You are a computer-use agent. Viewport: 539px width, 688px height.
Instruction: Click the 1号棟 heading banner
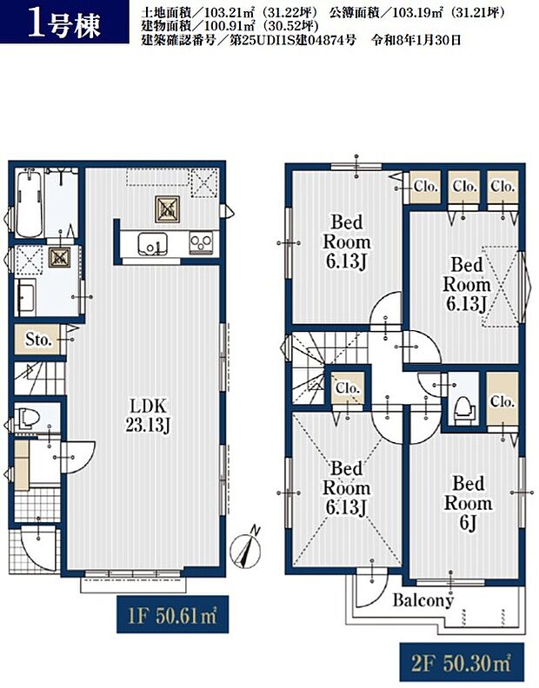pyautogui.click(x=64, y=22)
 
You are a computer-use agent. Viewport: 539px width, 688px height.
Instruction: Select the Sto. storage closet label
pyautogui.click(x=39, y=340)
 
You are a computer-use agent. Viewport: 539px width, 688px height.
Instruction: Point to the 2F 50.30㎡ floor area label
pyautogui.click(x=462, y=662)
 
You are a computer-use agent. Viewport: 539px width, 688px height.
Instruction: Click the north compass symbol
pyautogui.click(x=247, y=547)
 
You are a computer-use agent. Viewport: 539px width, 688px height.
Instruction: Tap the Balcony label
pyautogui.click(x=423, y=599)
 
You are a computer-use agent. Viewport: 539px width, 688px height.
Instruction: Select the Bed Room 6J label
pyautogui.click(x=468, y=503)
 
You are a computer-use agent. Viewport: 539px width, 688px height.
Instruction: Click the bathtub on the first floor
pyautogui.click(x=29, y=204)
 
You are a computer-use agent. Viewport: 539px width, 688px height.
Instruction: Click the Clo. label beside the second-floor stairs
pyautogui.click(x=348, y=388)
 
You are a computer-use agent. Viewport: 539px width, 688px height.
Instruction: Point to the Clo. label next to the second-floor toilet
pyautogui.click(x=502, y=401)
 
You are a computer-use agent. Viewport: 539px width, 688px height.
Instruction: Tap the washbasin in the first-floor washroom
pyautogui.click(x=25, y=296)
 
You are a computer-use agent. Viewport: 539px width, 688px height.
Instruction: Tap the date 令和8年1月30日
pyautogui.click(x=416, y=41)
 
